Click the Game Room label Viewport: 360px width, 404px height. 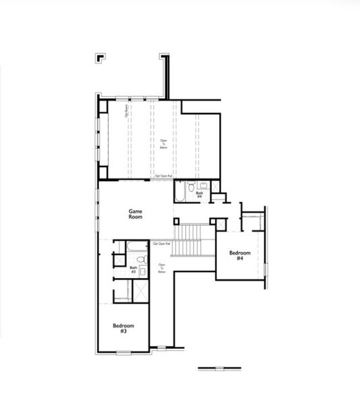pos(136,214)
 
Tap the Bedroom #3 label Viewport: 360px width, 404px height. pos(123,329)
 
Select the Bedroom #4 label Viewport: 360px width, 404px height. pos(239,255)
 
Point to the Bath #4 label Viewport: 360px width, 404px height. pos(200,195)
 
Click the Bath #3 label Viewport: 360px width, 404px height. pos(133,269)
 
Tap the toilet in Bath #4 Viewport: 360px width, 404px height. pos(192,187)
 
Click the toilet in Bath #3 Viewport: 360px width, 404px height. pos(141,259)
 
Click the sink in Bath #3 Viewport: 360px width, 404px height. pos(143,272)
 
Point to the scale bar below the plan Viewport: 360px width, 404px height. pos(219,368)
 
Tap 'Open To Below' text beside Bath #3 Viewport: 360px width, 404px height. pos(162,268)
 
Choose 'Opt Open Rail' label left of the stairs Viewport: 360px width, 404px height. pos(161,244)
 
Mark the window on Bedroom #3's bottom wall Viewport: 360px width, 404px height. pos(123,352)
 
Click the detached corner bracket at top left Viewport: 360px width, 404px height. pos(99,57)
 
